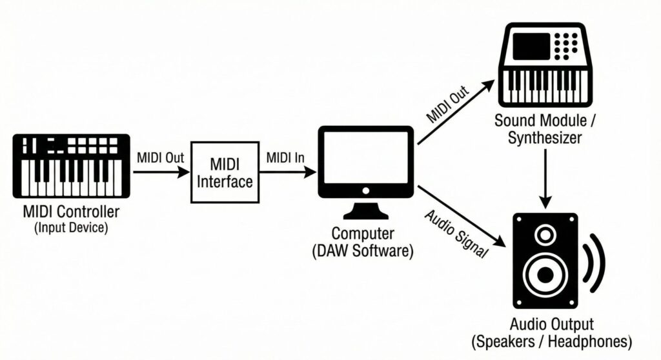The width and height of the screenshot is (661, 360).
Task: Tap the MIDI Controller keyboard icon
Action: (71, 166)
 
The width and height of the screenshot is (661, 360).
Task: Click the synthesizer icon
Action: (546, 65)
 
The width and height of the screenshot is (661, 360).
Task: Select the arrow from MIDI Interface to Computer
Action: (287, 172)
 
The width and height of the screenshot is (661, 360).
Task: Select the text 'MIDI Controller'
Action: (71, 212)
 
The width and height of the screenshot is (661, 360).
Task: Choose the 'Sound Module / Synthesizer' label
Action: (546, 128)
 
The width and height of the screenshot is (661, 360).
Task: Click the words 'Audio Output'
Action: (551, 324)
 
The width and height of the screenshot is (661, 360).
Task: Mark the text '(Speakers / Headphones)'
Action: (551, 340)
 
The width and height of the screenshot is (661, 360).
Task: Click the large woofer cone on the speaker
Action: (546, 274)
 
